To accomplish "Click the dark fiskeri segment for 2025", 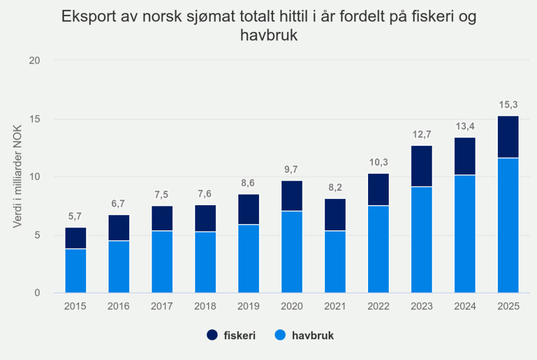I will pos(508,137).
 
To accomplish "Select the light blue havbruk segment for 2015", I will pos(76,271).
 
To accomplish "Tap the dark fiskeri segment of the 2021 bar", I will pos(335,215).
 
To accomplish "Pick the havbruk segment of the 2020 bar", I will pos(292,252).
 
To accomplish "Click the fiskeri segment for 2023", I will pos(422,166).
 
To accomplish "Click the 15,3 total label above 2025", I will pos(508,105).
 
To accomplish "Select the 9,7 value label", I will pos(292,169).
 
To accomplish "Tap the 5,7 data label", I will pos(76,216).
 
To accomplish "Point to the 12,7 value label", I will pos(422,134).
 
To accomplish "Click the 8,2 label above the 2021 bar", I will pos(335,187).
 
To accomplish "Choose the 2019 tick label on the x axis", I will pos(249,306).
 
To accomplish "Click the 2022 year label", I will pos(379,306).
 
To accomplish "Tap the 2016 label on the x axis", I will pos(119,306).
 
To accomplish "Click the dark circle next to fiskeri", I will pos(212,335).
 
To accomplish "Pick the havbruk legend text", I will pos(313,335).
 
